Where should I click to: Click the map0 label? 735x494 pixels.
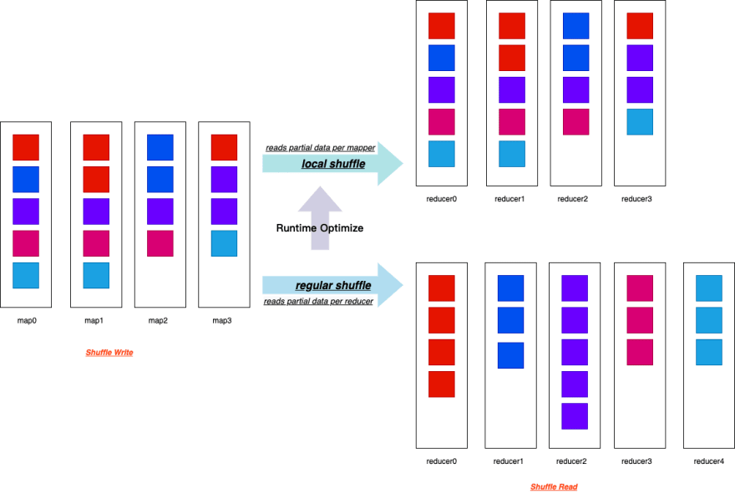point(26,320)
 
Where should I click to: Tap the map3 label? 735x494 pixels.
point(221,320)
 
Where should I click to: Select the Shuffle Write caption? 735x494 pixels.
point(109,353)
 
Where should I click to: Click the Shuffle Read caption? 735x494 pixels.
point(554,486)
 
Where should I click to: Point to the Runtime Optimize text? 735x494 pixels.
point(320,228)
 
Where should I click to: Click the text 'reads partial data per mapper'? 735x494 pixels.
point(321,147)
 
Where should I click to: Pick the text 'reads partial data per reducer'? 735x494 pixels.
point(319,301)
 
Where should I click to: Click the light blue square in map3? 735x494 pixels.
point(224,243)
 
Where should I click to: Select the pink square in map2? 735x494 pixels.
point(160,243)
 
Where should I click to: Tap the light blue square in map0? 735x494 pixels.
point(26,275)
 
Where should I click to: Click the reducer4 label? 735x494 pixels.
point(709,461)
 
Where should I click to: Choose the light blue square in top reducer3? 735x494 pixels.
point(640,122)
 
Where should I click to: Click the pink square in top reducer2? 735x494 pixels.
point(575,122)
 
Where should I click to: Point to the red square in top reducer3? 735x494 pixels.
point(640,26)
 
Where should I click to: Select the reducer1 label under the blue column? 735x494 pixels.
point(508,461)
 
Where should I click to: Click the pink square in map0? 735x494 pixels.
point(26,243)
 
